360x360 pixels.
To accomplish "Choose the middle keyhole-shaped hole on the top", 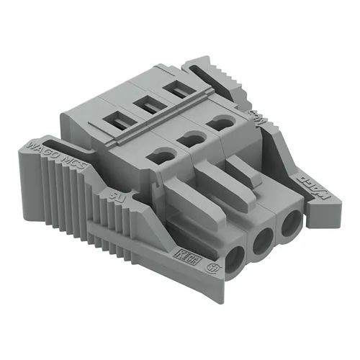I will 190,136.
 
